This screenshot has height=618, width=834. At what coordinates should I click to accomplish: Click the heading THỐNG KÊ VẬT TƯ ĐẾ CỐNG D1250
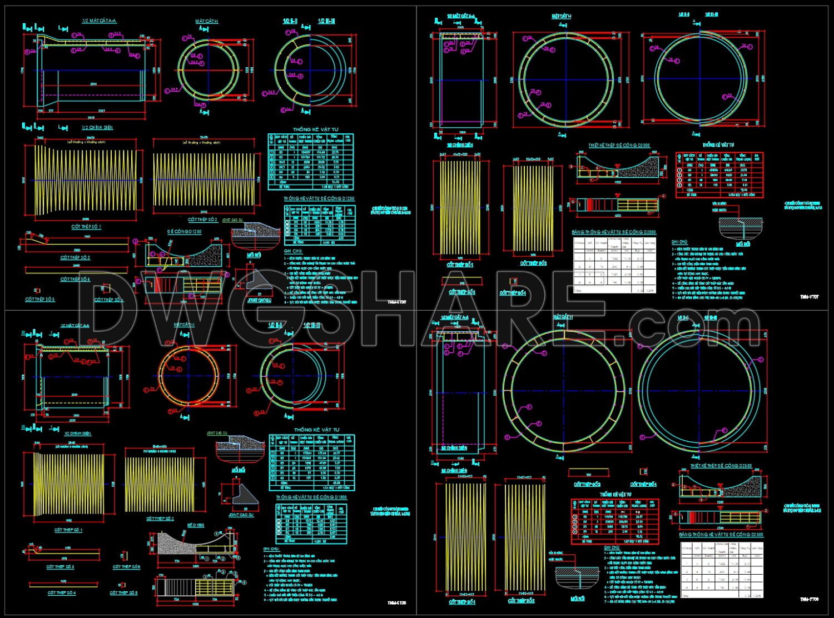coord(319,198)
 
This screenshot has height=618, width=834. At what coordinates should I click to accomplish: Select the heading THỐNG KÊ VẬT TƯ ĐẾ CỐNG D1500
coord(311,497)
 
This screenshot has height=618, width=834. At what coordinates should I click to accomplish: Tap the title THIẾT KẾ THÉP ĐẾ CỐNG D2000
coord(619,146)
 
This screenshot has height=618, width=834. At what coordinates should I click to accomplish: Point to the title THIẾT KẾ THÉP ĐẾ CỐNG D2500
coord(722,466)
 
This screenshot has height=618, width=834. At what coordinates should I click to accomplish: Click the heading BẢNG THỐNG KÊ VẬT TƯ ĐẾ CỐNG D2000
coord(614,232)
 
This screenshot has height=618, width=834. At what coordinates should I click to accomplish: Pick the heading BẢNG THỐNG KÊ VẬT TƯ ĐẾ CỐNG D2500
coord(721,535)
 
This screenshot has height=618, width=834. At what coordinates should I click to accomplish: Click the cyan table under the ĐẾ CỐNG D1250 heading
coord(319,225)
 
